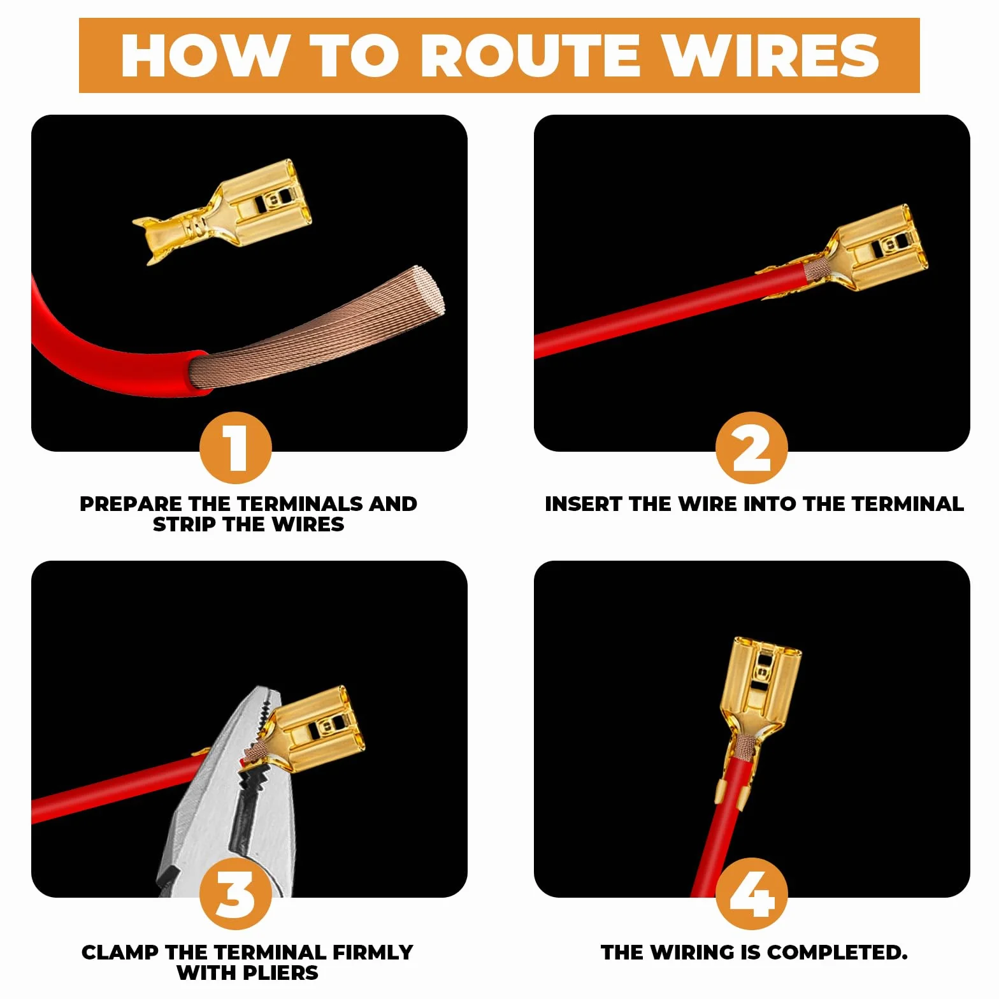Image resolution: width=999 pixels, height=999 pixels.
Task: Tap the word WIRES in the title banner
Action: click(x=771, y=55)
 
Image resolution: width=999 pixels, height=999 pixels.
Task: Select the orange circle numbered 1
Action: click(x=236, y=448)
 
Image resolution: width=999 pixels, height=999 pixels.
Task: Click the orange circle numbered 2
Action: click(x=751, y=448)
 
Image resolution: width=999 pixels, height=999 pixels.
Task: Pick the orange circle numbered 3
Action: click(x=236, y=894)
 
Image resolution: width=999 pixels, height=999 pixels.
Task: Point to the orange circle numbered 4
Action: click(x=751, y=894)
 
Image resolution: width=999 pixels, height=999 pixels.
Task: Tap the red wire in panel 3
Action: click(x=115, y=790)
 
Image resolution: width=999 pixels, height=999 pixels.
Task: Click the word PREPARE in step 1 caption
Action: click(x=131, y=504)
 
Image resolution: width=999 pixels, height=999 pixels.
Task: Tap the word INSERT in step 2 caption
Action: click(x=584, y=504)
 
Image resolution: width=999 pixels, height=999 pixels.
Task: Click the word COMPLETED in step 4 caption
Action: click(x=837, y=952)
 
